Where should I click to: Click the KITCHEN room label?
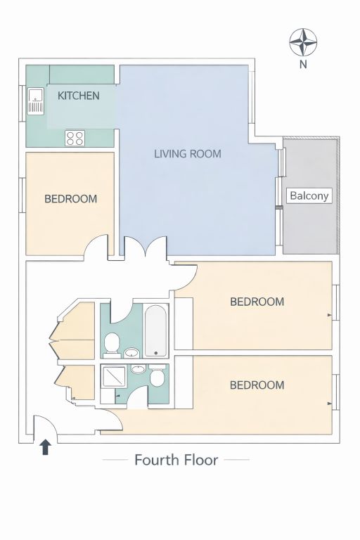coord(79,96)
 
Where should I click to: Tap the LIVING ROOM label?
coord(188,153)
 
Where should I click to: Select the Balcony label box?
coord(309,195)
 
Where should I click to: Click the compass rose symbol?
coord(303,42)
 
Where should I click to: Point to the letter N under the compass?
coord(303,65)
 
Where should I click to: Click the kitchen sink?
coord(36,101)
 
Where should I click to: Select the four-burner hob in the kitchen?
coord(75,138)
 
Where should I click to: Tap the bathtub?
coord(156,330)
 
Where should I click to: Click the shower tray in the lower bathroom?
coord(113,377)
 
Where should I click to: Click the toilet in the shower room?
coord(157,375)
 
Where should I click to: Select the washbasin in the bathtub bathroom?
coord(131,352)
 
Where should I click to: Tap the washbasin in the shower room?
coord(138,369)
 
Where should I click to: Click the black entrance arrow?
coord(46,447)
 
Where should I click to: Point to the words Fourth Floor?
coord(176,460)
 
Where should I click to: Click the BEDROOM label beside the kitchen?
coord(70,199)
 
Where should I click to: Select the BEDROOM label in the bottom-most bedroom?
coord(257,385)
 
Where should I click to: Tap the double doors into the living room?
coord(146,246)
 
